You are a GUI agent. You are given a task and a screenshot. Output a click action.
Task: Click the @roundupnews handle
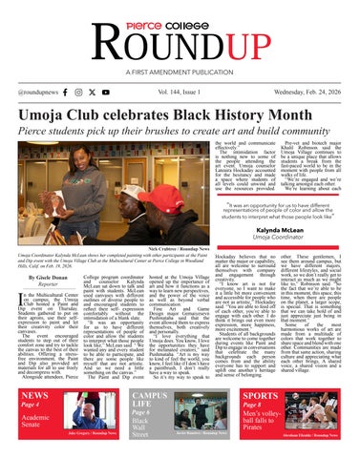(x=32, y=93)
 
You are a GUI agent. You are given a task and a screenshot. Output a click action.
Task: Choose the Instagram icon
(x=91, y=93)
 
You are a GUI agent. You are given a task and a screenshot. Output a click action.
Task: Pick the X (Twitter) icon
(x=105, y=93)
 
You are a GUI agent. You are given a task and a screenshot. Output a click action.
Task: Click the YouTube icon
(x=120, y=93)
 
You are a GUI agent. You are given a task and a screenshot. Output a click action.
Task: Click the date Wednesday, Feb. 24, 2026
(x=306, y=93)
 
